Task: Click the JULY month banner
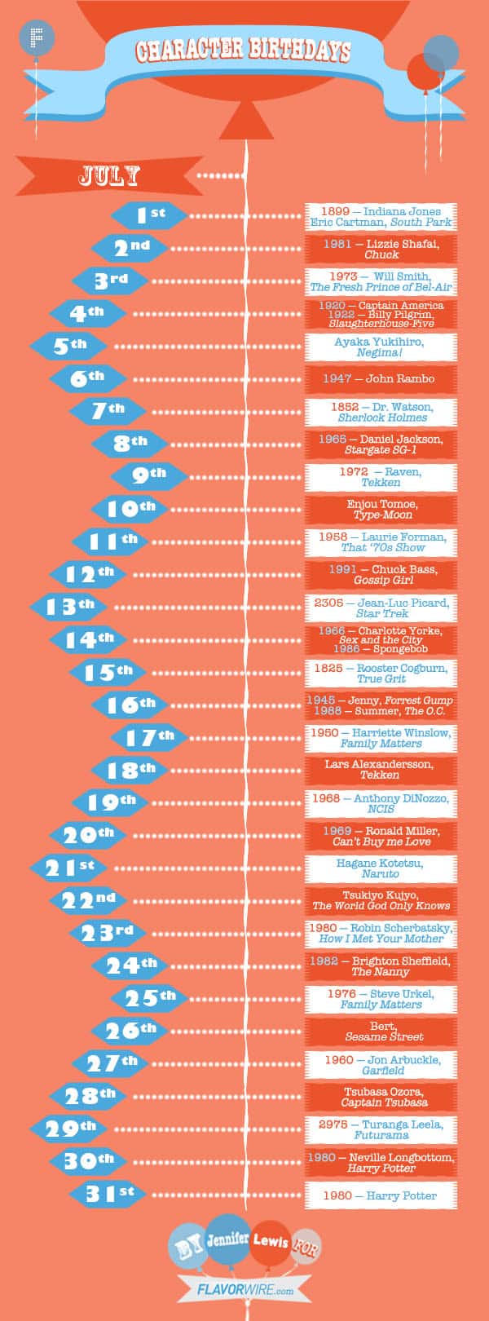(x=109, y=175)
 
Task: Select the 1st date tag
(x=150, y=215)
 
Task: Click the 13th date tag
(x=69, y=607)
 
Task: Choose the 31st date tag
(x=108, y=1195)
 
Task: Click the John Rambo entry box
(x=381, y=378)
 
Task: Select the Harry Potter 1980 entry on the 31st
(x=381, y=1195)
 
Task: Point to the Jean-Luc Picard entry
(x=381, y=607)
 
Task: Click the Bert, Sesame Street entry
(x=381, y=1032)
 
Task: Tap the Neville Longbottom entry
(x=381, y=1163)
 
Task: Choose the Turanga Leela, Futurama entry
(x=381, y=1129)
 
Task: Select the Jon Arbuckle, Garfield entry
(x=381, y=1064)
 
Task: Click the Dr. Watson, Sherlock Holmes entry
(x=381, y=412)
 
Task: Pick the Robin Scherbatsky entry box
(x=381, y=934)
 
